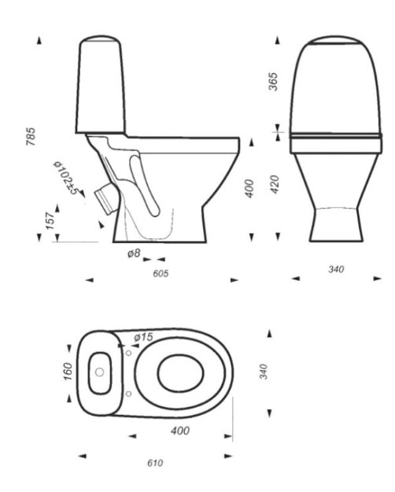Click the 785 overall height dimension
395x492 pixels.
pos(31,137)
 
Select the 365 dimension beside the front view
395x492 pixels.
pos(273,81)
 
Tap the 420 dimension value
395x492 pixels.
pos(273,187)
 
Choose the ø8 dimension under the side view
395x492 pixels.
pos(135,254)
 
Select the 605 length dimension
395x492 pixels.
pos(161,274)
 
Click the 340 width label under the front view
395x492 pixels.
pos(335,269)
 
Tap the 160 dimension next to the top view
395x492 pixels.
pos(68,370)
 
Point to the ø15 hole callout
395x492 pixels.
pos(143,337)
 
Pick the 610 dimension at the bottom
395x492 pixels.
pos(155,463)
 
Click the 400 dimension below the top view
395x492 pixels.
pos(179,431)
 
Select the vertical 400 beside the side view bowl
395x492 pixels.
pos(249,188)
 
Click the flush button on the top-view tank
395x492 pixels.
pos(99,372)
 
